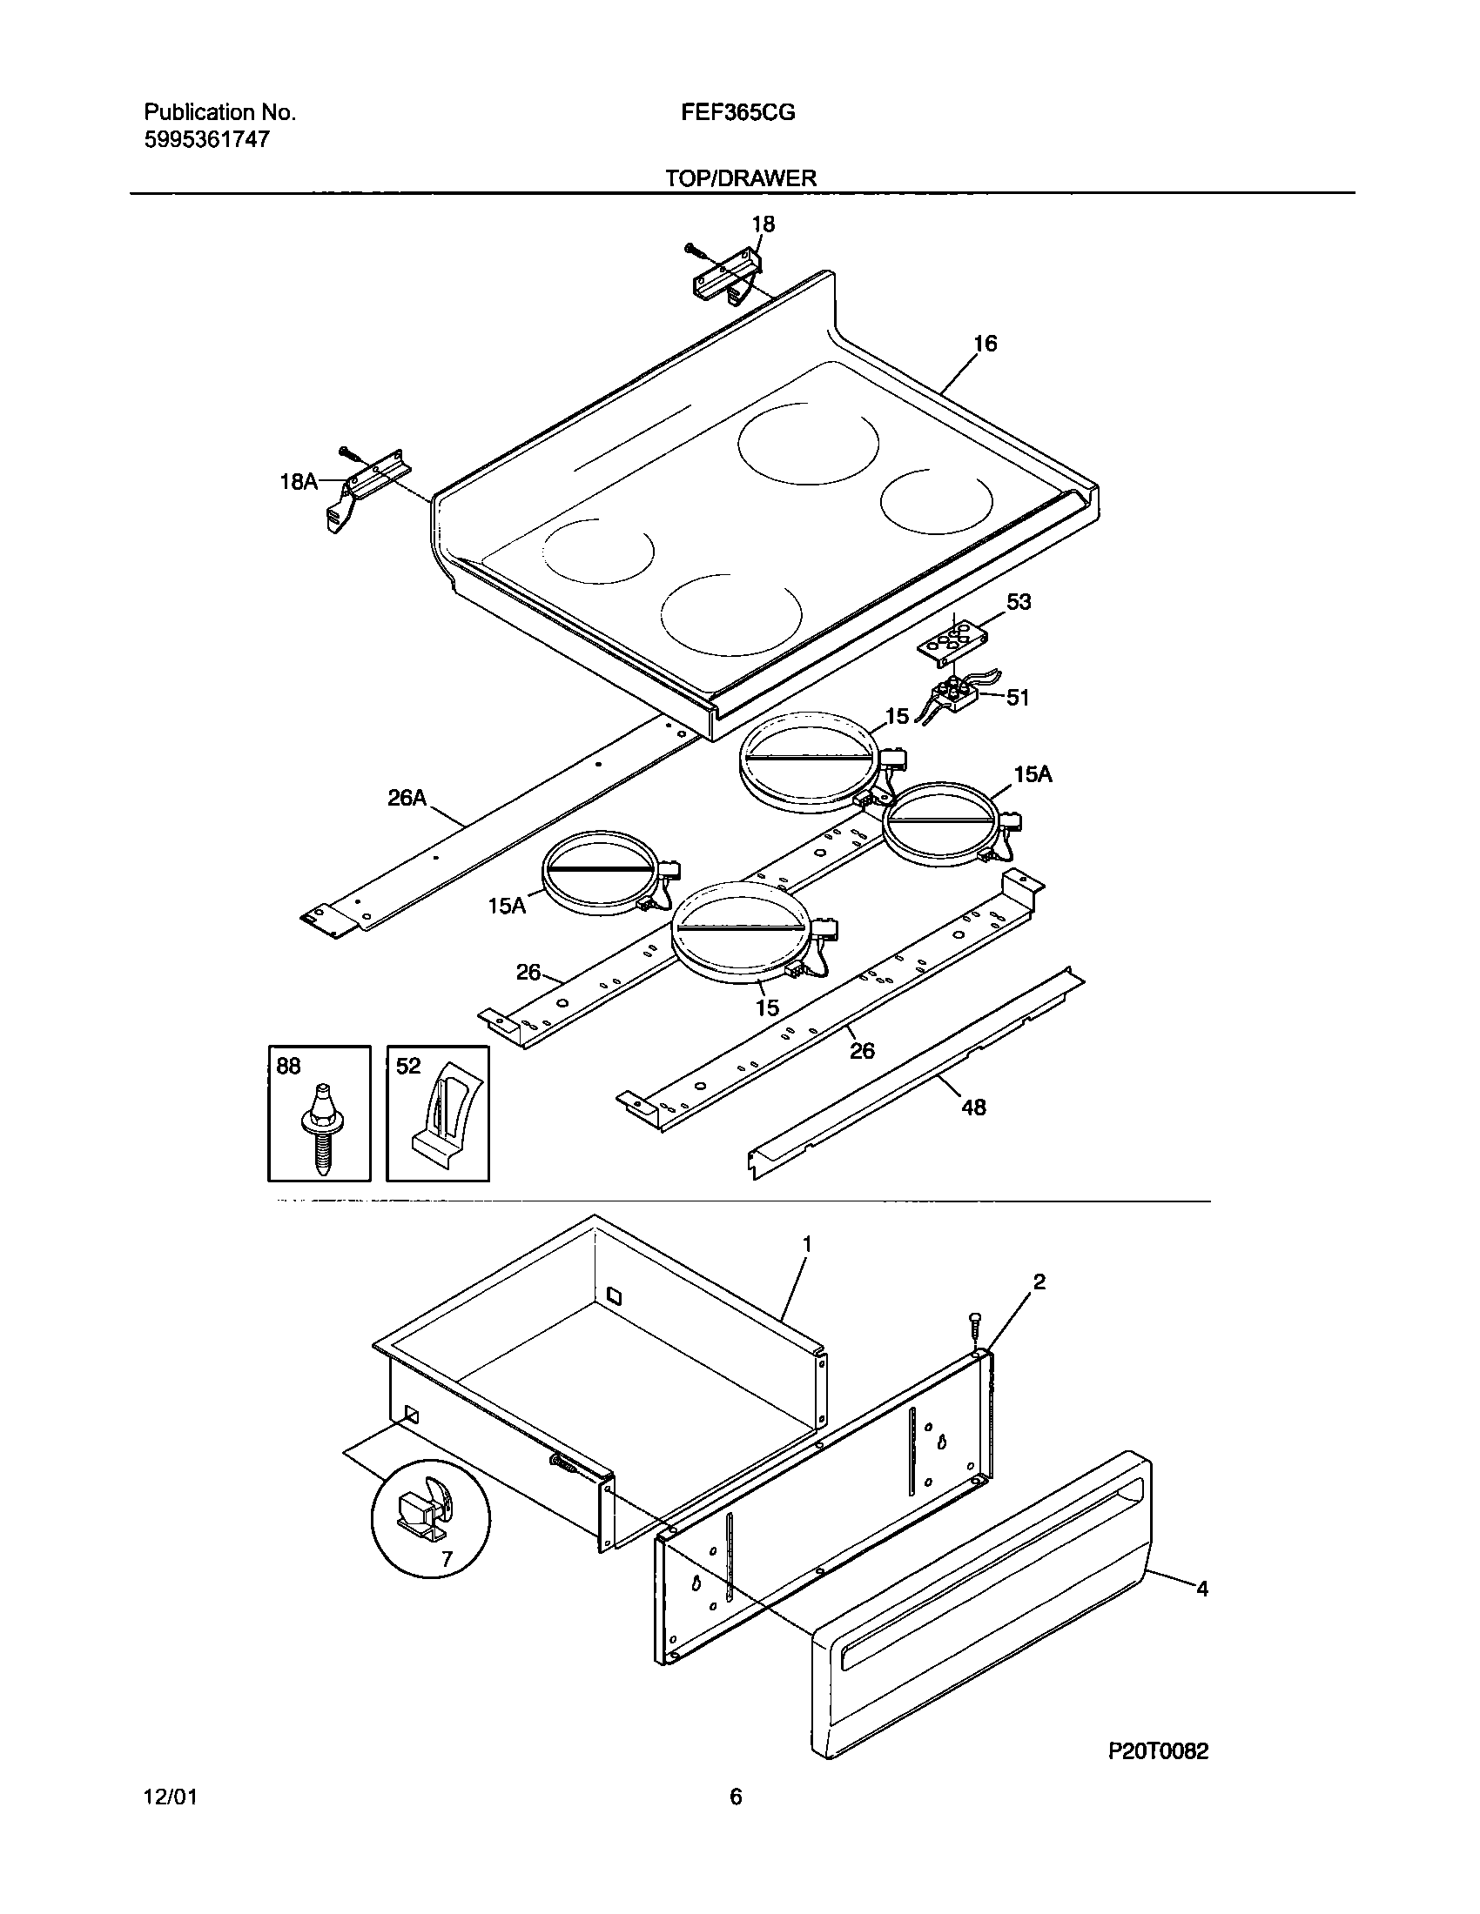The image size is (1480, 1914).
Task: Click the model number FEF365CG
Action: (x=737, y=112)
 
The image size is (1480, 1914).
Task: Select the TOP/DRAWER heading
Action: (x=741, y=177)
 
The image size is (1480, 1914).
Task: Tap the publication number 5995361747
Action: (x=207, y=139)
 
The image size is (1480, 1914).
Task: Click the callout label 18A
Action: (x=298, y=481)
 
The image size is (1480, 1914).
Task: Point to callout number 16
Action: (x=986, y=344)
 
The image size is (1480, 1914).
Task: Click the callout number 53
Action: (x=1019, y=602)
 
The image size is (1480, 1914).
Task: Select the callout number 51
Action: (x=1017, y=698)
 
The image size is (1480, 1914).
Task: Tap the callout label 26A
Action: (x=407, y=798)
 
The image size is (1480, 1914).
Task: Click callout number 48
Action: (x=973, y=1108)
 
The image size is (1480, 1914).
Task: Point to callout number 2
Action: (x=1039, y=1282)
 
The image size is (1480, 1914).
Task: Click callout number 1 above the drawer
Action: (x=807, y=1244)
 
